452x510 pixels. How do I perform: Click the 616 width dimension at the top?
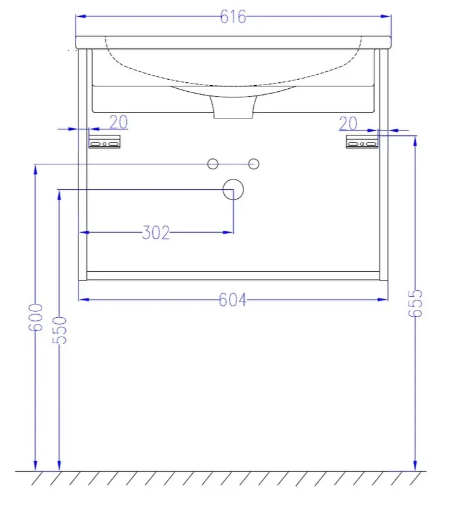click(x=233, y=16)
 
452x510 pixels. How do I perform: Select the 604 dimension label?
click(x=233, y=300)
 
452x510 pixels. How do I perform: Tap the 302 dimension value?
click(x=156, y=233)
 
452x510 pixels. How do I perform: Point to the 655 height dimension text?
click(x=415, y=303)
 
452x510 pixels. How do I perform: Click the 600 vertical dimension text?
click(x=36, y=317)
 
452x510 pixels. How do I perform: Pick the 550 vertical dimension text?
click(x=59, y=330)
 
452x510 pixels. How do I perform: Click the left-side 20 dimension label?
click(x=118, y=122)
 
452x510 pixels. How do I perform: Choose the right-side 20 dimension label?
click(x=348, y=124)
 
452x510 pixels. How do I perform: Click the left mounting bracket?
click(x=105, y=142)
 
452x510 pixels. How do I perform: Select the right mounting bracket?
click(x=362, y=142)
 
